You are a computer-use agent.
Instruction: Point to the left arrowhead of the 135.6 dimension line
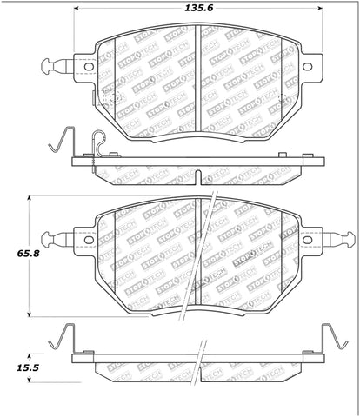78,10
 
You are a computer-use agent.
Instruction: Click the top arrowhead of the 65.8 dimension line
32,199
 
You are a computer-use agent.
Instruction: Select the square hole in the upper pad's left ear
87,65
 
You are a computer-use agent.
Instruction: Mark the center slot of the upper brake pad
200,87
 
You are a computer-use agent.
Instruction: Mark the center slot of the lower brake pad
203,261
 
